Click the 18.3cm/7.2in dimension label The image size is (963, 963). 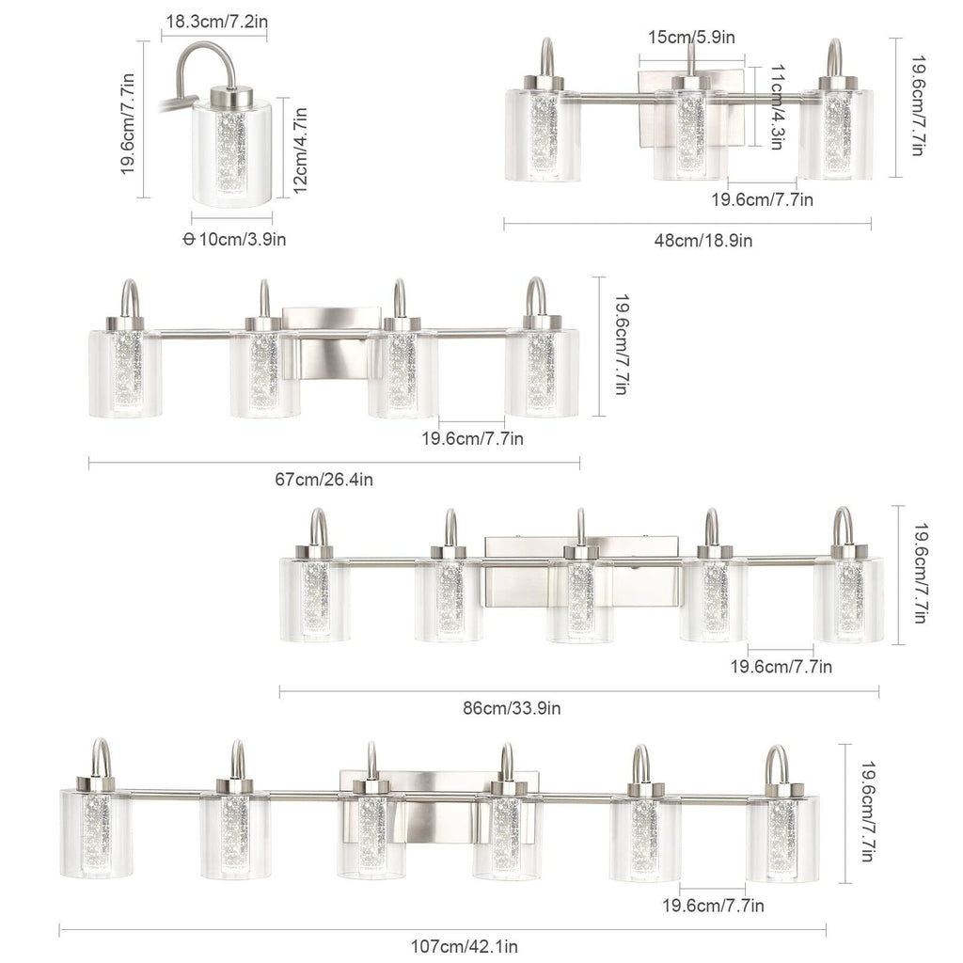click(x=213, y=20)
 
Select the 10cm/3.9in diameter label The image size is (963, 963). click(x=234, y=239)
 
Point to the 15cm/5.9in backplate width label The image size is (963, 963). click(x=691, y=37)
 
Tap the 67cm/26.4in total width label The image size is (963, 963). click(x=324, y=480)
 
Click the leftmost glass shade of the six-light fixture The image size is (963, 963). click(x=96, y=833)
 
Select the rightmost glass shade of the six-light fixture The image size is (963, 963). click(x=782, y=837)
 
